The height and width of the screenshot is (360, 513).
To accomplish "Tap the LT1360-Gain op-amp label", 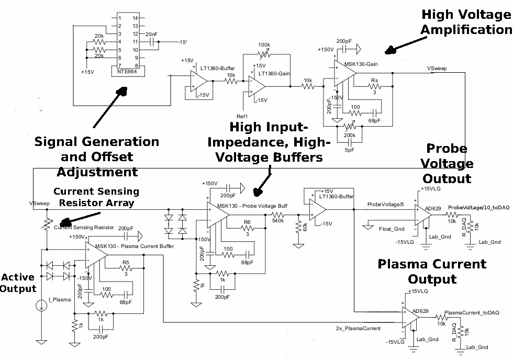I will [274, 74].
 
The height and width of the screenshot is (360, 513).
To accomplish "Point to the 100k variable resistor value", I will [264, 45].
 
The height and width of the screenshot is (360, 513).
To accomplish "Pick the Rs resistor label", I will [374, 81].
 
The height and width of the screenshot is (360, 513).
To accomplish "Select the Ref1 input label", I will [242, 116].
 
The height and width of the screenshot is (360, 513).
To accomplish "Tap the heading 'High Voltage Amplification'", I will [465, 22].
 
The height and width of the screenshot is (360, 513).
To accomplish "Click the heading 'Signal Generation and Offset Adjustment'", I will [97, 156].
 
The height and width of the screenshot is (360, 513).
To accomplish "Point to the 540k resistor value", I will [278, 221].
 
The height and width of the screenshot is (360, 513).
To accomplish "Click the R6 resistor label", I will [247, 222].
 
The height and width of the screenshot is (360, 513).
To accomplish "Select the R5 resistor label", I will [126, 262].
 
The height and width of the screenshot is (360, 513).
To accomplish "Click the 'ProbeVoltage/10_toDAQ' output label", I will [478, 208].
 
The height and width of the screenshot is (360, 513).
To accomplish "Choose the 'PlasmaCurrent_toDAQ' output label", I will [472, 313].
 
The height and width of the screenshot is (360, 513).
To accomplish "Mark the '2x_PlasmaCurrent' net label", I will [358, 329].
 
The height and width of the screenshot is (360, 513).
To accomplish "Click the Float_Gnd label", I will [392, 229].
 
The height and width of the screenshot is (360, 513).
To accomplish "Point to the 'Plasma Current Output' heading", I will [432, 272].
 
